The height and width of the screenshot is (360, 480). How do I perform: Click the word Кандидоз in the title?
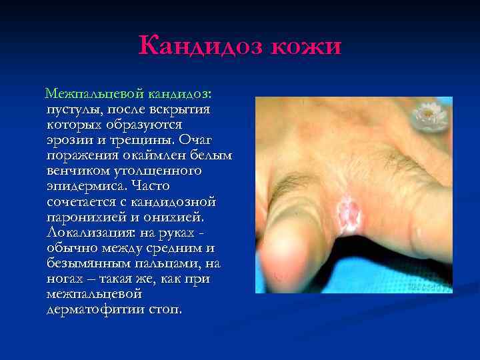(197, 47)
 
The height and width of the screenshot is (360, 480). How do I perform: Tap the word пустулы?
(71, 109)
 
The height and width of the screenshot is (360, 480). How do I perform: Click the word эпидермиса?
(85, 185)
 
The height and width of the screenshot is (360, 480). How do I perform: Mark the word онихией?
(184, 217)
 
